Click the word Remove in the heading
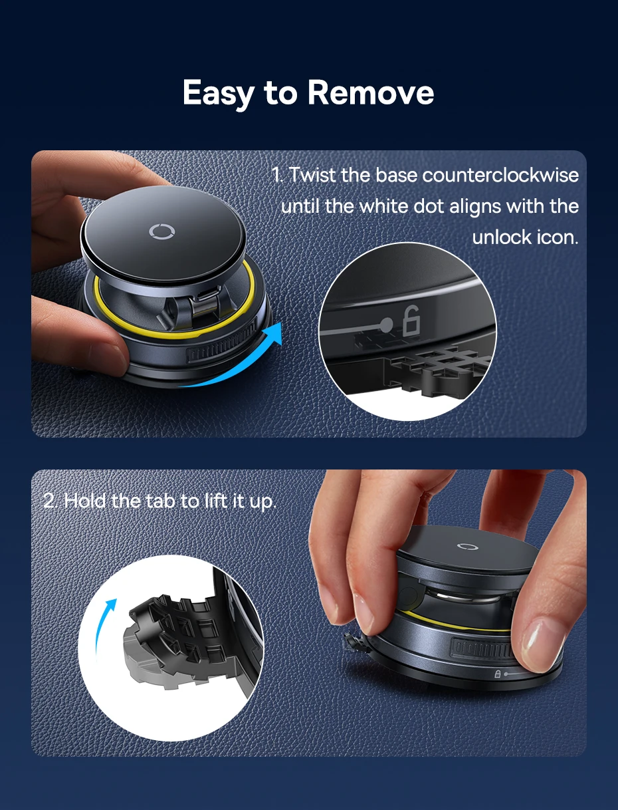pos(371,92)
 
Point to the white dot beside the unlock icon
pos(386,325)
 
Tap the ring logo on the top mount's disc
pos(162,231)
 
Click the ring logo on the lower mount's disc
pos(468,546)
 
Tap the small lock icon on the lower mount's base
pos(498,674)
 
